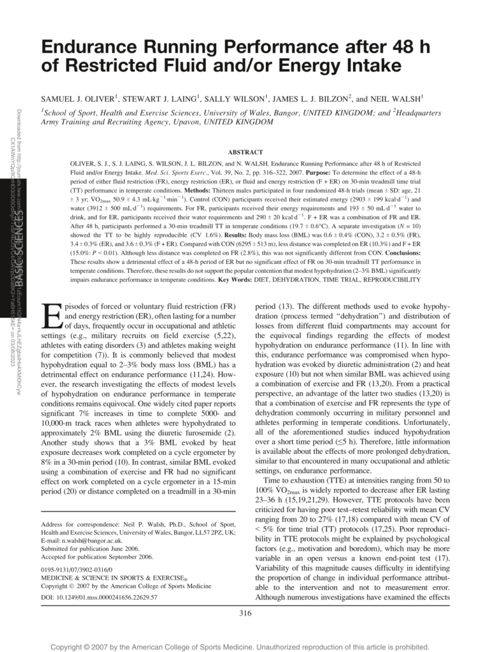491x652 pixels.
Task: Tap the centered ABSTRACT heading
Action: click(245, 152)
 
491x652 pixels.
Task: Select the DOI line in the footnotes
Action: click(99, 598)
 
